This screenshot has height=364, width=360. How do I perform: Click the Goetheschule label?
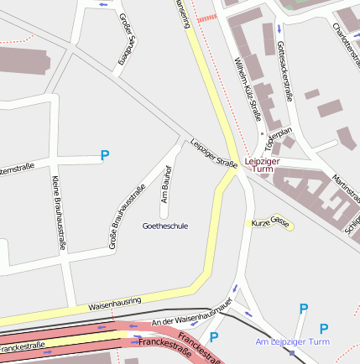165,226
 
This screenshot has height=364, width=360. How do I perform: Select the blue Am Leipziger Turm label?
293,342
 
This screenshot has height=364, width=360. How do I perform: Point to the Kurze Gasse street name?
272,222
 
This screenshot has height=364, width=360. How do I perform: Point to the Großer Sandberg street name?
126,39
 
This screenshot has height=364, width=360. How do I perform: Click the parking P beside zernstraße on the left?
105,155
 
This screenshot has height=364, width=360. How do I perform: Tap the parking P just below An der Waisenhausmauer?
214,337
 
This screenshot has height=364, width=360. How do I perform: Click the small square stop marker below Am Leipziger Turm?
291,352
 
